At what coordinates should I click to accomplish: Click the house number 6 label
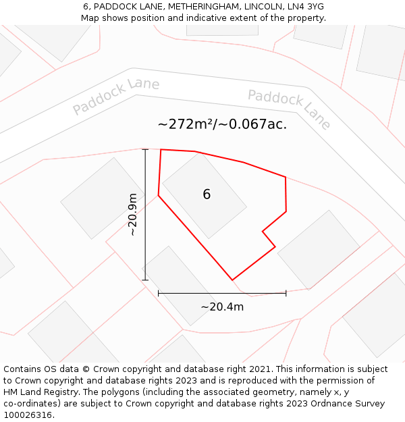coord(207,194)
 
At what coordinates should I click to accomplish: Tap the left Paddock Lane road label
coord(115,96)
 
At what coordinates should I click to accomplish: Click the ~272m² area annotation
coord(222,124)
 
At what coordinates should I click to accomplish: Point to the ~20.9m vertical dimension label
coord(133,214)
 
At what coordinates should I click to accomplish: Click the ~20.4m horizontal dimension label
coord(222,307)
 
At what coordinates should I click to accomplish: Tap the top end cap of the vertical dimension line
coord(145,149)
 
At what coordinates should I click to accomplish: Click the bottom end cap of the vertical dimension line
coord(145,280)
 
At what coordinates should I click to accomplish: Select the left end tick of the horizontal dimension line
coord(158,293)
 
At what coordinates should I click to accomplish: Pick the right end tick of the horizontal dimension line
coord(286,293)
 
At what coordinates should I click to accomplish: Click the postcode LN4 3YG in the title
coord(306,7)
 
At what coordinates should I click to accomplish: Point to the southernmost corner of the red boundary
coord(232,280)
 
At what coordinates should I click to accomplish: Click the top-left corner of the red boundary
coord(161,149)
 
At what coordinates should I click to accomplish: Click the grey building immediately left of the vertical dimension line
coord(103,198)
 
